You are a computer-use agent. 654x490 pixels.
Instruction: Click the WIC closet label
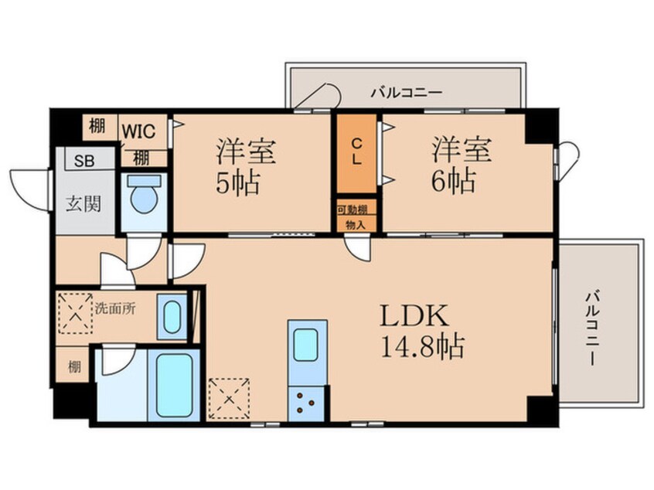[x=138, y=132]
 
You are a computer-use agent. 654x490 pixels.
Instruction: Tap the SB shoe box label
[x=84, y=161]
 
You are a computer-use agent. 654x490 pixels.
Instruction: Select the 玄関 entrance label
[x=83, y=204]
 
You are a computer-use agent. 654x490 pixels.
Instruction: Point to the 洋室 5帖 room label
[x=244, y=166]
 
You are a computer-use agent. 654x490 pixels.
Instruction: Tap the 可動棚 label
[x=352, y=210]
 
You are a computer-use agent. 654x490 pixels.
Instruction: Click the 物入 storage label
[x=356, y=225]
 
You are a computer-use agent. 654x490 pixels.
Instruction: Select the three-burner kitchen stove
[x=305, y=403]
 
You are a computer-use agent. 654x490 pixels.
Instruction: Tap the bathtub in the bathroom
[x=175, y=385]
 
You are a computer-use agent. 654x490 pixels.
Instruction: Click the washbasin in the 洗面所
[x=172, y=318]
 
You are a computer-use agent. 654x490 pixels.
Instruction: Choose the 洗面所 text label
[x=115, y=309]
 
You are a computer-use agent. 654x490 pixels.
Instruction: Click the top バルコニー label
[x=407, y=92]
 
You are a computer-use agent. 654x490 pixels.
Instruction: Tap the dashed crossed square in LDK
[x=229, y=399]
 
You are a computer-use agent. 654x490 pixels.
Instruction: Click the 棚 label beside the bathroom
[x=74, y=367]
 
